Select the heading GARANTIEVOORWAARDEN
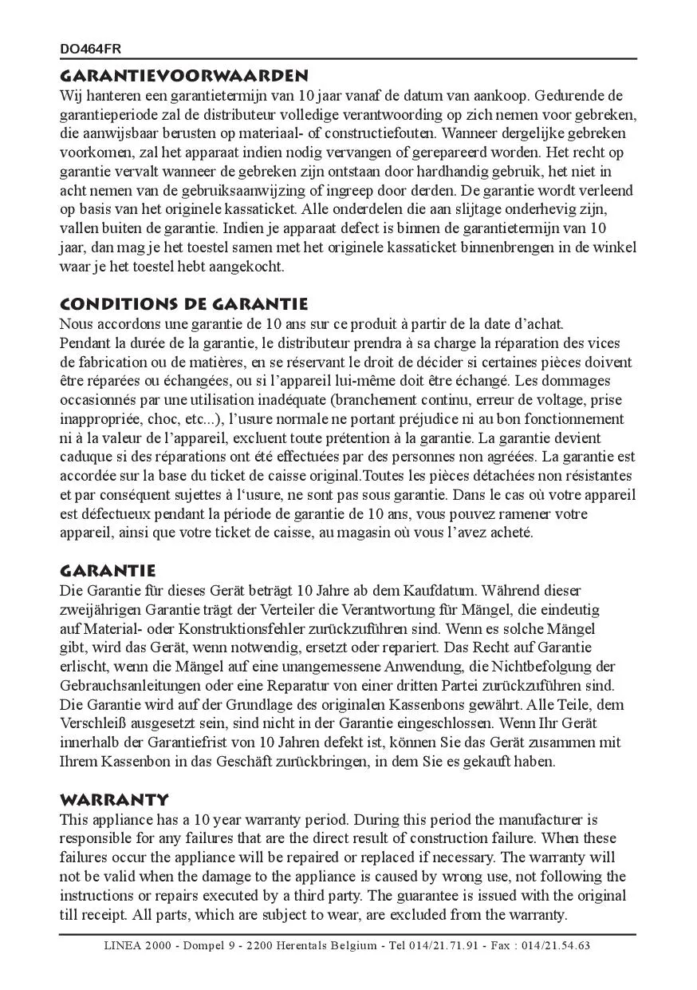(x=183, y=77)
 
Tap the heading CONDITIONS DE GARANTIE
(x=183, y=304)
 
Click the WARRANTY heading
(x=114, y=799)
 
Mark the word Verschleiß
(x=97, y=724)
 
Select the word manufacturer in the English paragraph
(x=542, y=819)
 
